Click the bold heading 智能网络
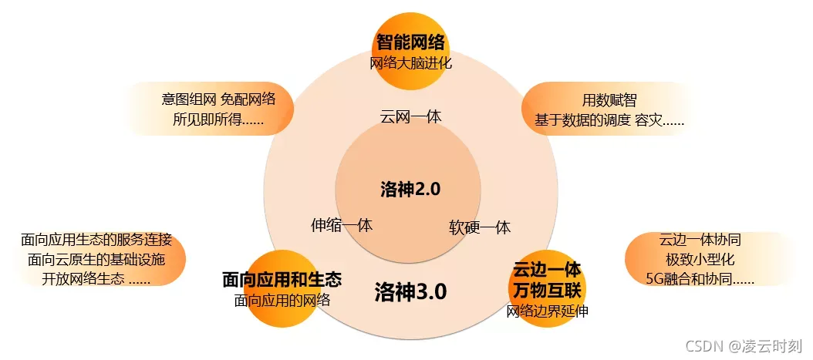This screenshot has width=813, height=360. pos(411,42)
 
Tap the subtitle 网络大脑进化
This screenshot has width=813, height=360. pos(411,63)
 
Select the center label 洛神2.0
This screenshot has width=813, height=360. pos(410,189)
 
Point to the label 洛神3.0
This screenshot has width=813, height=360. pos(410,291)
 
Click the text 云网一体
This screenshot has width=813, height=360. pos(411,116)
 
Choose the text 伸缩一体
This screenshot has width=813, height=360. pos(342,225)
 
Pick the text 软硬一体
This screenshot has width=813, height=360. pos(480,227)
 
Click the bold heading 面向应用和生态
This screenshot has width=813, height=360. pos(282,279)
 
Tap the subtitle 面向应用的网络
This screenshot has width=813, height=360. pos(282,300)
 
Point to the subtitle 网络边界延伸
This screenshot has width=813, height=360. pos(546,311)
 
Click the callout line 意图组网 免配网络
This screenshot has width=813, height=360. pos(218,99)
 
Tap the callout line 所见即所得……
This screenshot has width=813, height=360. pos(219,119)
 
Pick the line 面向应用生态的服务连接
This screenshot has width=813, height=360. pos(96,239)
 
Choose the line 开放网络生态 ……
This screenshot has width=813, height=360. pos(96,279)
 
